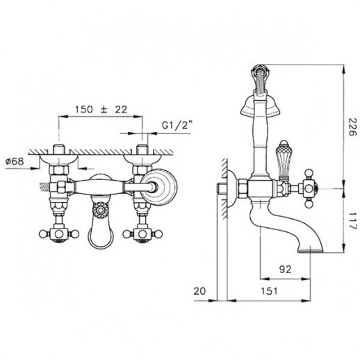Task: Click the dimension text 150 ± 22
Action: (101, 109)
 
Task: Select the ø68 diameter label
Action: (15, 161)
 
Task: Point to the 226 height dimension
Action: (352, 126)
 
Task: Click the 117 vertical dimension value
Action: (352, 220)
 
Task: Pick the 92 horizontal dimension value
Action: (285, 269)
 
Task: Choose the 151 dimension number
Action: (269, 291)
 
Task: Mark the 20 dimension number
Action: (199, 291)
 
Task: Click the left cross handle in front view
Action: (59, 234)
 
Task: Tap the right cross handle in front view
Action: (142, 234)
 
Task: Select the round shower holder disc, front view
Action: (158, 187)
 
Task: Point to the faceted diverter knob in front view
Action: (101, 211)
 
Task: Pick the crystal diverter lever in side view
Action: (282, 160)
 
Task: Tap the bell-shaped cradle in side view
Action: (260, 106)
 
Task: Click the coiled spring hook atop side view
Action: (261, 78)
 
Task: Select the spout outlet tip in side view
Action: (310, 251)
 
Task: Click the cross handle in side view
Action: (309, 188)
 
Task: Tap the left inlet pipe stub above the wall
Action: (58, 149)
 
